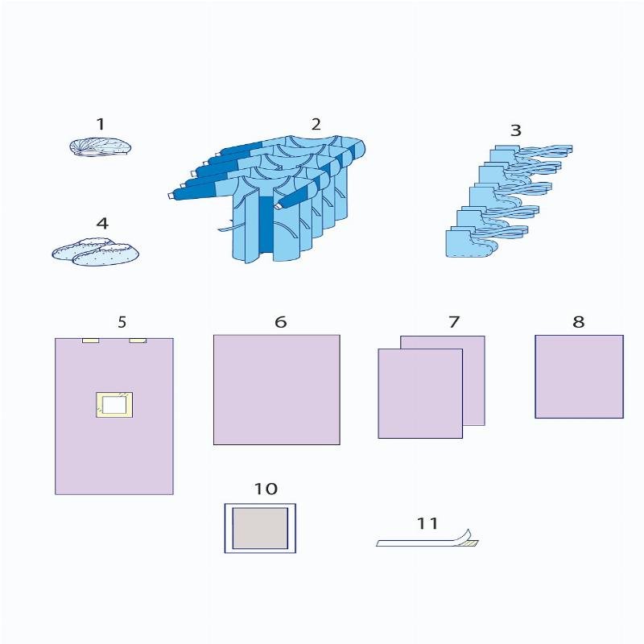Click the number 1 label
tap(101, 124)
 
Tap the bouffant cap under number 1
tap(100, 147)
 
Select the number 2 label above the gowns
tap(316, 124)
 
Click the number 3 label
tap(515, 130)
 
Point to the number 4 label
tap(102, 224)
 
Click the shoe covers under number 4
tap(95, 251)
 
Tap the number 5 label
tap(122, 322)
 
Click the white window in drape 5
tap(114, 405)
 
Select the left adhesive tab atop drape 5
tap(90, 341)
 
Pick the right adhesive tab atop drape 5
tap(138, 341)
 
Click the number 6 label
tap(280, 322)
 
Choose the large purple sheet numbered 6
tap(276, 390)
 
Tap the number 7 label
tap(454, 322)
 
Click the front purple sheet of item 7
tap(420, 394)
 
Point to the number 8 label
tap(578, 322)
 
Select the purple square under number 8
tap(579, 377)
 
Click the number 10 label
tap(266, 489)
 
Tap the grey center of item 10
tap(260, 528)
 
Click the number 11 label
tap(427, 524)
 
